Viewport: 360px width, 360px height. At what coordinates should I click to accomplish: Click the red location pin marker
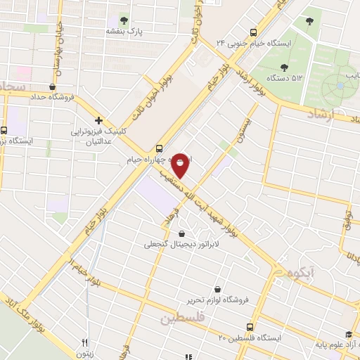point(180,164)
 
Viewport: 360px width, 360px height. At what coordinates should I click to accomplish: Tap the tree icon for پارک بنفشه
point(124,20)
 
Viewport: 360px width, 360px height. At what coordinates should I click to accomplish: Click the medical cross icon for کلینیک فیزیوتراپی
point(99,121)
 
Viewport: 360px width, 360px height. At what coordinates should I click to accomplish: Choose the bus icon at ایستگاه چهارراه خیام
point(160,148)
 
